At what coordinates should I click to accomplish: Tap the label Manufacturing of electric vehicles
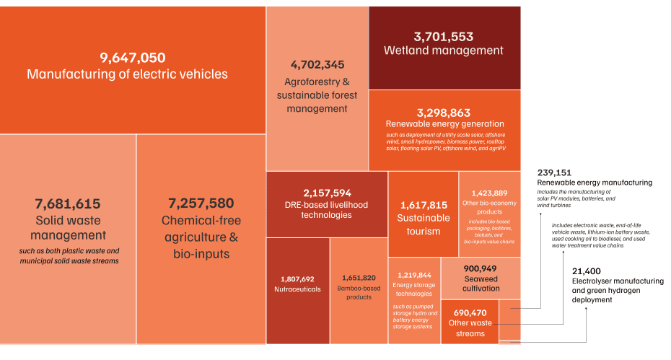click(127, 74)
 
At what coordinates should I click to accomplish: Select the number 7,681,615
click(68, 204)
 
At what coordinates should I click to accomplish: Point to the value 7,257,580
click(201, 204)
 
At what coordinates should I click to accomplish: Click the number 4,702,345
click(317, 64)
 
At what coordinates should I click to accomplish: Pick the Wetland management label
click(444, 51)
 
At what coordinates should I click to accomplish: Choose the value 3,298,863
click(444, 113)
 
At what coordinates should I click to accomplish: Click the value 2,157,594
click(327, 193)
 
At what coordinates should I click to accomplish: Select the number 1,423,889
click(489, 193)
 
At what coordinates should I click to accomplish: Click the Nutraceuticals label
click(297, 289)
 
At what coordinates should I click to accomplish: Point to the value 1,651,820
click(359, 278)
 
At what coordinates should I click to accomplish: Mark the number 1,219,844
click(413, 275)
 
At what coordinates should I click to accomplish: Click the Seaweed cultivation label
click(481, 284)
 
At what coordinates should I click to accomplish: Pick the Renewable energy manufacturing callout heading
click(595, 183)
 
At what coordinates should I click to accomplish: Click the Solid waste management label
click(68, 227)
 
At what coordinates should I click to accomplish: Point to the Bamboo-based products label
click(359, 292)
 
